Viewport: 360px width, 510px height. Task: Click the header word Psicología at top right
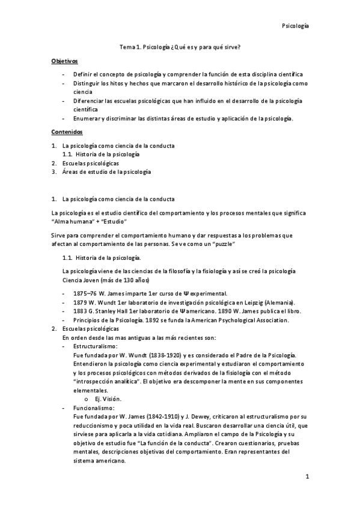[296, 26]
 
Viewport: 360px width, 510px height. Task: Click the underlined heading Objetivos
[64, 61]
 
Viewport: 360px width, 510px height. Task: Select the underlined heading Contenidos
[66, 131]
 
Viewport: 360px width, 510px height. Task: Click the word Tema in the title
[127, 47]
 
